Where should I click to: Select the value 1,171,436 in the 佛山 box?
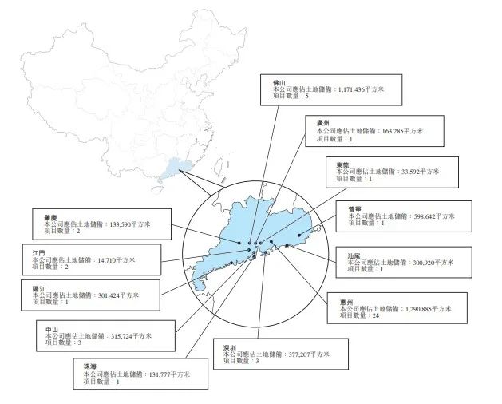coord(352,90)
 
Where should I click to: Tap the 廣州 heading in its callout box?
coord(322,122)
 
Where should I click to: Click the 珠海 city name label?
coord(89,365)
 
